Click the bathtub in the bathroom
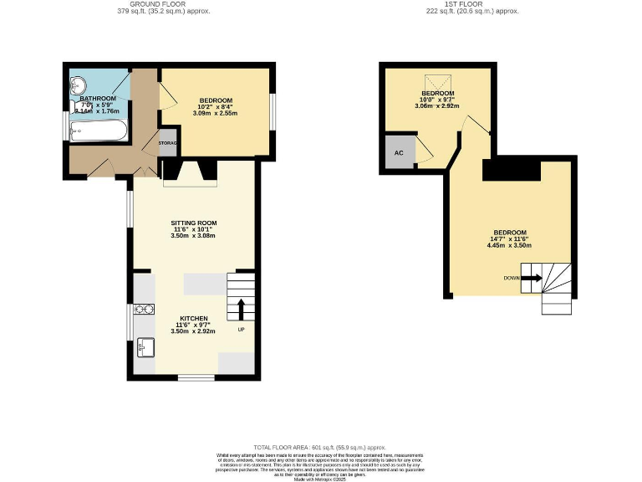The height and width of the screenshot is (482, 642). point(99,131)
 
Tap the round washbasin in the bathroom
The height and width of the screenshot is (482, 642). point(79,85)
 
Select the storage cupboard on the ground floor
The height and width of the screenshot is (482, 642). point(167,143)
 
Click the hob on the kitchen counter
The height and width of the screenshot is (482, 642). point(143,309)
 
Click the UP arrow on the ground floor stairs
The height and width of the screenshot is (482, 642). point(241,308)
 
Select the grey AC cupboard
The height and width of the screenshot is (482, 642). point(399,153)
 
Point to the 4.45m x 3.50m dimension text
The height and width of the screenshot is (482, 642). point(509,245)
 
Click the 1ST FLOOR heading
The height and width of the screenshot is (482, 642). point(472,4)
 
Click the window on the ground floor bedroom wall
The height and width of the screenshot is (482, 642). point(273,112)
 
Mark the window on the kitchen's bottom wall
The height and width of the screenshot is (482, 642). point(196,377)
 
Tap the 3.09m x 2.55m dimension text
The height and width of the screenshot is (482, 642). point(217,113)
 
